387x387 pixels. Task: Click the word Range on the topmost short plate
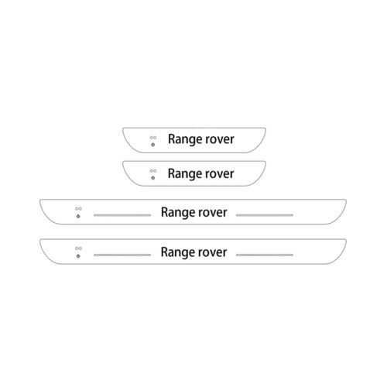coord(183,139)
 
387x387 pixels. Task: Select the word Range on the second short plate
coord(183,174)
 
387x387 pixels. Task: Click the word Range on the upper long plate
coord(176,213)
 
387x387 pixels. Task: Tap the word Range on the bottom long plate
coord(176,252)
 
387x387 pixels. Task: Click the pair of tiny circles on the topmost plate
coord(153,138)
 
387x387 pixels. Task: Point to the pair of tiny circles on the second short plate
coord(153,171)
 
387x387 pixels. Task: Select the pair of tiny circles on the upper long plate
coord(78,209)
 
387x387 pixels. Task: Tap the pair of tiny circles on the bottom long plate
coord(78,248)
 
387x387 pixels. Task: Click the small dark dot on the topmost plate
coord(153,145)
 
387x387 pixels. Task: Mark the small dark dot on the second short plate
coord(153,178)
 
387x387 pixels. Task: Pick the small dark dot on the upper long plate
coord(78,216)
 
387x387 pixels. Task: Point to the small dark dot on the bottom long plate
coord(78,256)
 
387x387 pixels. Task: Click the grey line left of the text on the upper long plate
coord(122,215)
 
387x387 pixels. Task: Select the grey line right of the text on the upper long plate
coord(265,215)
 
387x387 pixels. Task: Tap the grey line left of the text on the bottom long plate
coord(122,255)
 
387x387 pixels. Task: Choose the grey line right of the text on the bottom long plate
coord(265,255)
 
